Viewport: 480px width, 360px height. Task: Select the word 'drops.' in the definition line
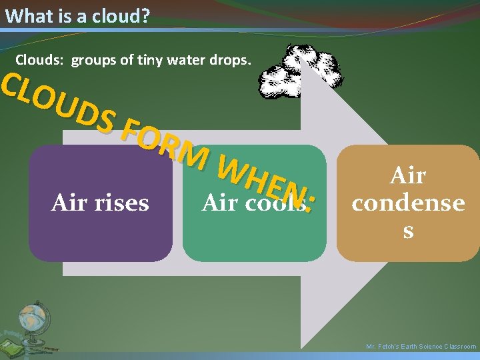click(x=233, y=60)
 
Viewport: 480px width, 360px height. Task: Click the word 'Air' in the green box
click(x=219, y=203)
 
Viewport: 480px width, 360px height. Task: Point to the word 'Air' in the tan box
click(x=408, y=175)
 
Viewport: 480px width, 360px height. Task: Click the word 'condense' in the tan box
click(x=408, y=203)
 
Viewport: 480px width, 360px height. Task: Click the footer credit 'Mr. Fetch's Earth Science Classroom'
click(x=421, y=347)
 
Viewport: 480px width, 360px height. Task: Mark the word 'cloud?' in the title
click(x=121, y=15)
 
